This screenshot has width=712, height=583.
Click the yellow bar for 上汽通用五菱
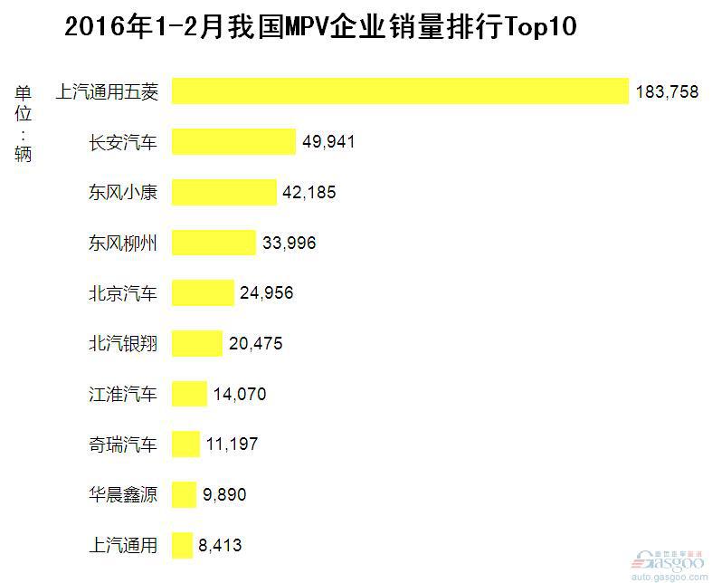pos(400,91)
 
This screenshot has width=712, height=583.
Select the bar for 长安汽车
pos(233,142)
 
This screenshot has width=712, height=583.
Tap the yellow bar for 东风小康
pos(224,193)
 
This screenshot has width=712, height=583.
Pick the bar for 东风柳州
pos(214,243)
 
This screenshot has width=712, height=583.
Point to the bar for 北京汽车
pos(203,293)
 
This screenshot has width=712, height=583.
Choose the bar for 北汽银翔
pos(197,344)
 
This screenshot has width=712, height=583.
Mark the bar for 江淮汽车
pos(189,394)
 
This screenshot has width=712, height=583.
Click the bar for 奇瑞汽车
pos(185,444)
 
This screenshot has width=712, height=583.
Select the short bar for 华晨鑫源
pos(184,494)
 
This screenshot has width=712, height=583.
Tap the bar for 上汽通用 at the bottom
pos(182,545)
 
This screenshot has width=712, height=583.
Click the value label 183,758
pos(667,91)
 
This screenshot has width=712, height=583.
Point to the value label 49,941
pos(328,142)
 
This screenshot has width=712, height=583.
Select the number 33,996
pos(289,243)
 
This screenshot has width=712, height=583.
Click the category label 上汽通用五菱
pos(108,91)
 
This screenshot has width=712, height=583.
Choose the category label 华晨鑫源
pos(123,494)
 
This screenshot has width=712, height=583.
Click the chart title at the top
pos(320,28)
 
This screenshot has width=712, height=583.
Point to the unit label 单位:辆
pos(24,123)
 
